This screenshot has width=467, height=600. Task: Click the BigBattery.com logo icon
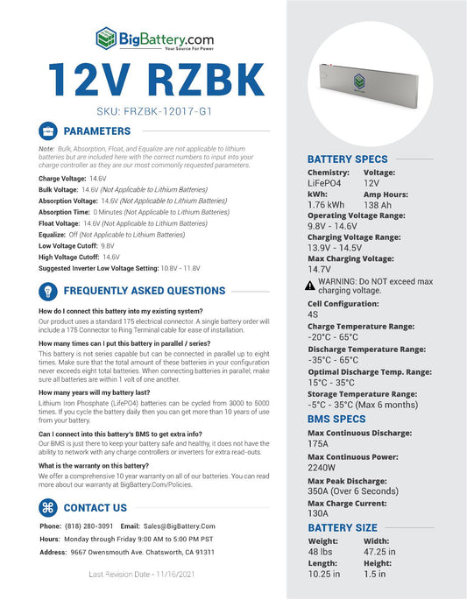tap(106, 38)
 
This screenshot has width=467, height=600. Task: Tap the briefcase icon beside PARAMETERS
tap(49, 131)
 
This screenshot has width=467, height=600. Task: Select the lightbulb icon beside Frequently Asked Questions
tap(49, 291)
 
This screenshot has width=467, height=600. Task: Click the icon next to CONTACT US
tap(49, 507)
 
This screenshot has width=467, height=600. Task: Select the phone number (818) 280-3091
tap(88, 526)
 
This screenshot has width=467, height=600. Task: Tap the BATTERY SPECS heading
tap(348, 159)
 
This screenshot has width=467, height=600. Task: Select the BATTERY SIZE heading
tap(343, 528)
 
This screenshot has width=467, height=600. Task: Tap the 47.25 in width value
tap(379, 552)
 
